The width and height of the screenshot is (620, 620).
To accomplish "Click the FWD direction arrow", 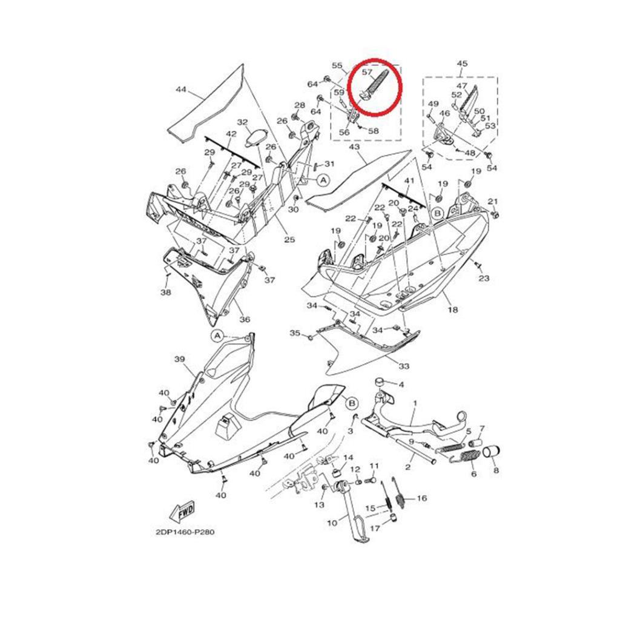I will [182, 512].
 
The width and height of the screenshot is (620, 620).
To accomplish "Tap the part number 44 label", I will [181, 90].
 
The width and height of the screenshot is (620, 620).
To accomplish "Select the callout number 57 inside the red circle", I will [367, 71].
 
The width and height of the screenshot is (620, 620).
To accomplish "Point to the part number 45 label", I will [462, 64].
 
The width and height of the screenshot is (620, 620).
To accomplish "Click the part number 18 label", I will [452, 309].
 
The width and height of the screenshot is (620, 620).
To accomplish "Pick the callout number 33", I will [404, 366].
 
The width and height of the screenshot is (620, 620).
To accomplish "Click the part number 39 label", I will [179, 359].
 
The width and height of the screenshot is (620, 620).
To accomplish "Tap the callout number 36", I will [245, 319].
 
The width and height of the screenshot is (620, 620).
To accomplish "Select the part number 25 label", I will [289, 240].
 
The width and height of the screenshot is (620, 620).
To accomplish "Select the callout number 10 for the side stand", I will [332, 522].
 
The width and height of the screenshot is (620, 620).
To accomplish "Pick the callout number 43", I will [355, 147].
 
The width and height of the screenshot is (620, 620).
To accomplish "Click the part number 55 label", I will [337, 65].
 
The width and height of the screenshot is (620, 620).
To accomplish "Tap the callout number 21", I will [493, 202].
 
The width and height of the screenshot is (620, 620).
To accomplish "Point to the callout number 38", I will [165, 292].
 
